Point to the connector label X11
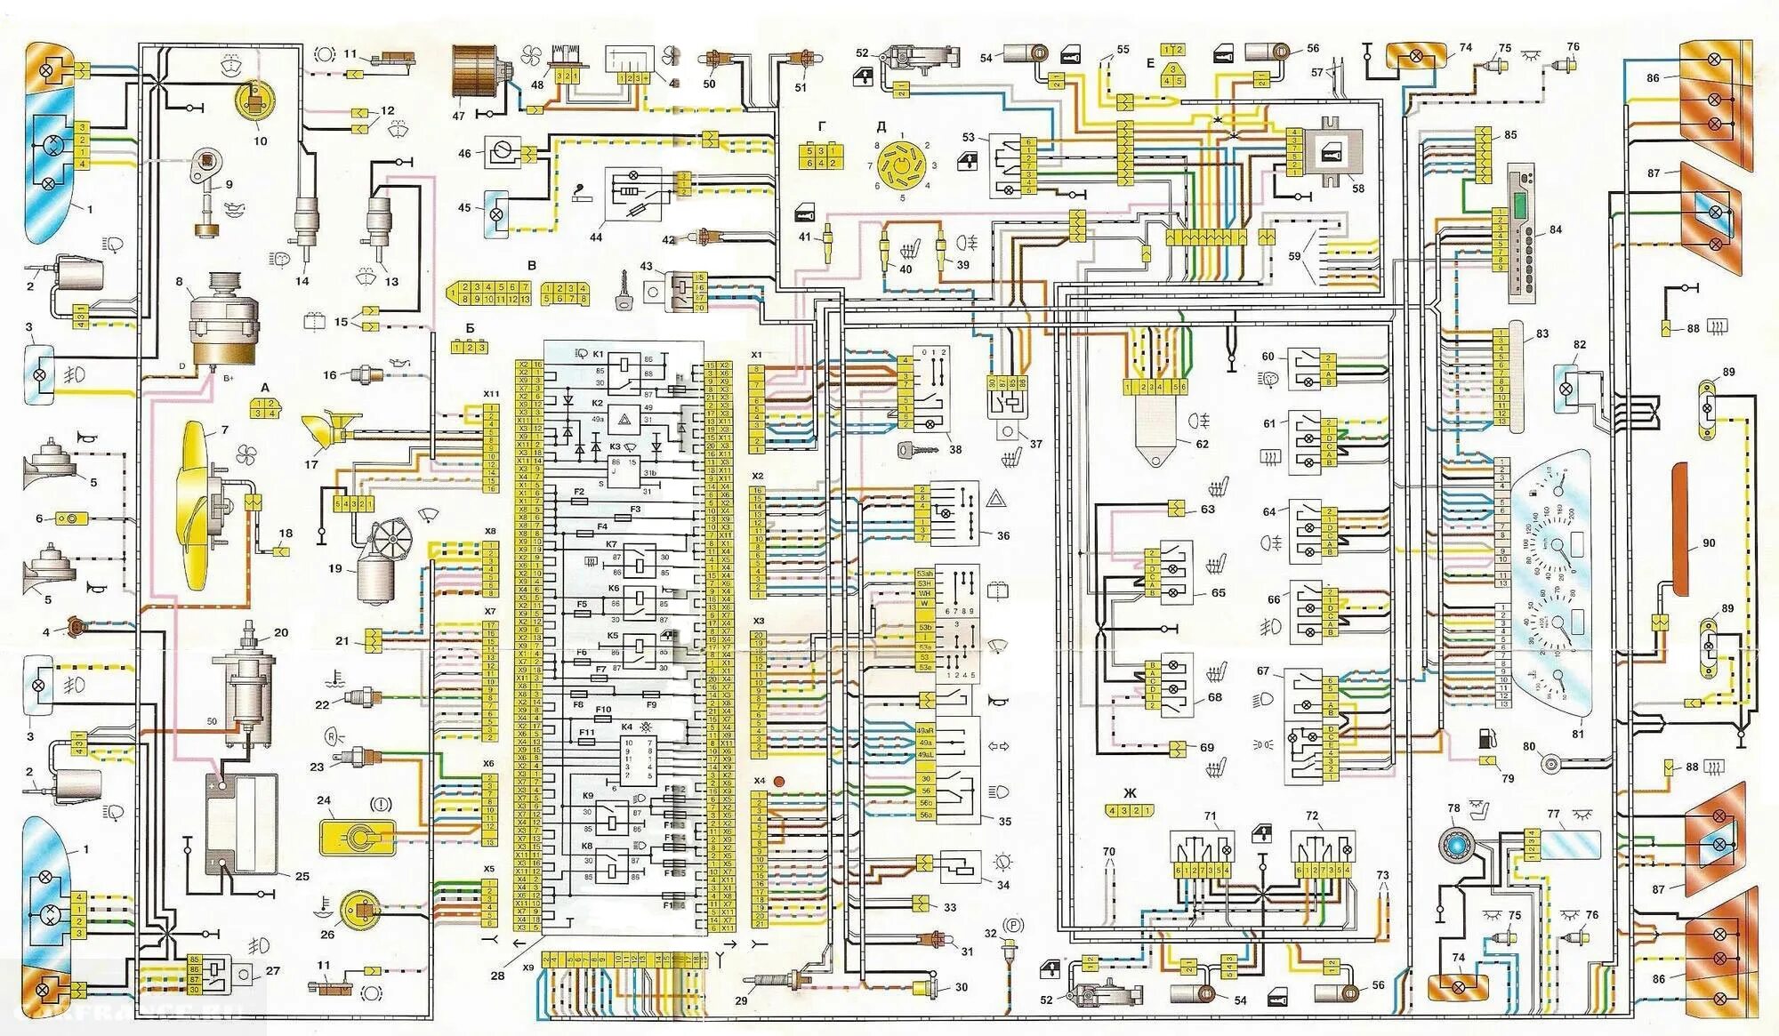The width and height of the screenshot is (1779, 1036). click(491, 393)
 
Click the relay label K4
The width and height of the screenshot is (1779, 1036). click(627, 727)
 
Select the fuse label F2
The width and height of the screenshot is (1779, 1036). click(579, 492)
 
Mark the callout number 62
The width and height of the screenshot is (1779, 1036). click(1202, 444)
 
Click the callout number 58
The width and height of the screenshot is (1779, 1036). click(1357, 189)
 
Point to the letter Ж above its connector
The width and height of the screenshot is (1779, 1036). click(1130, 792)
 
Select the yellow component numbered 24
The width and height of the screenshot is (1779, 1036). click(357, 836)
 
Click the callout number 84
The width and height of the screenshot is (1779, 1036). click(1555, 229)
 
